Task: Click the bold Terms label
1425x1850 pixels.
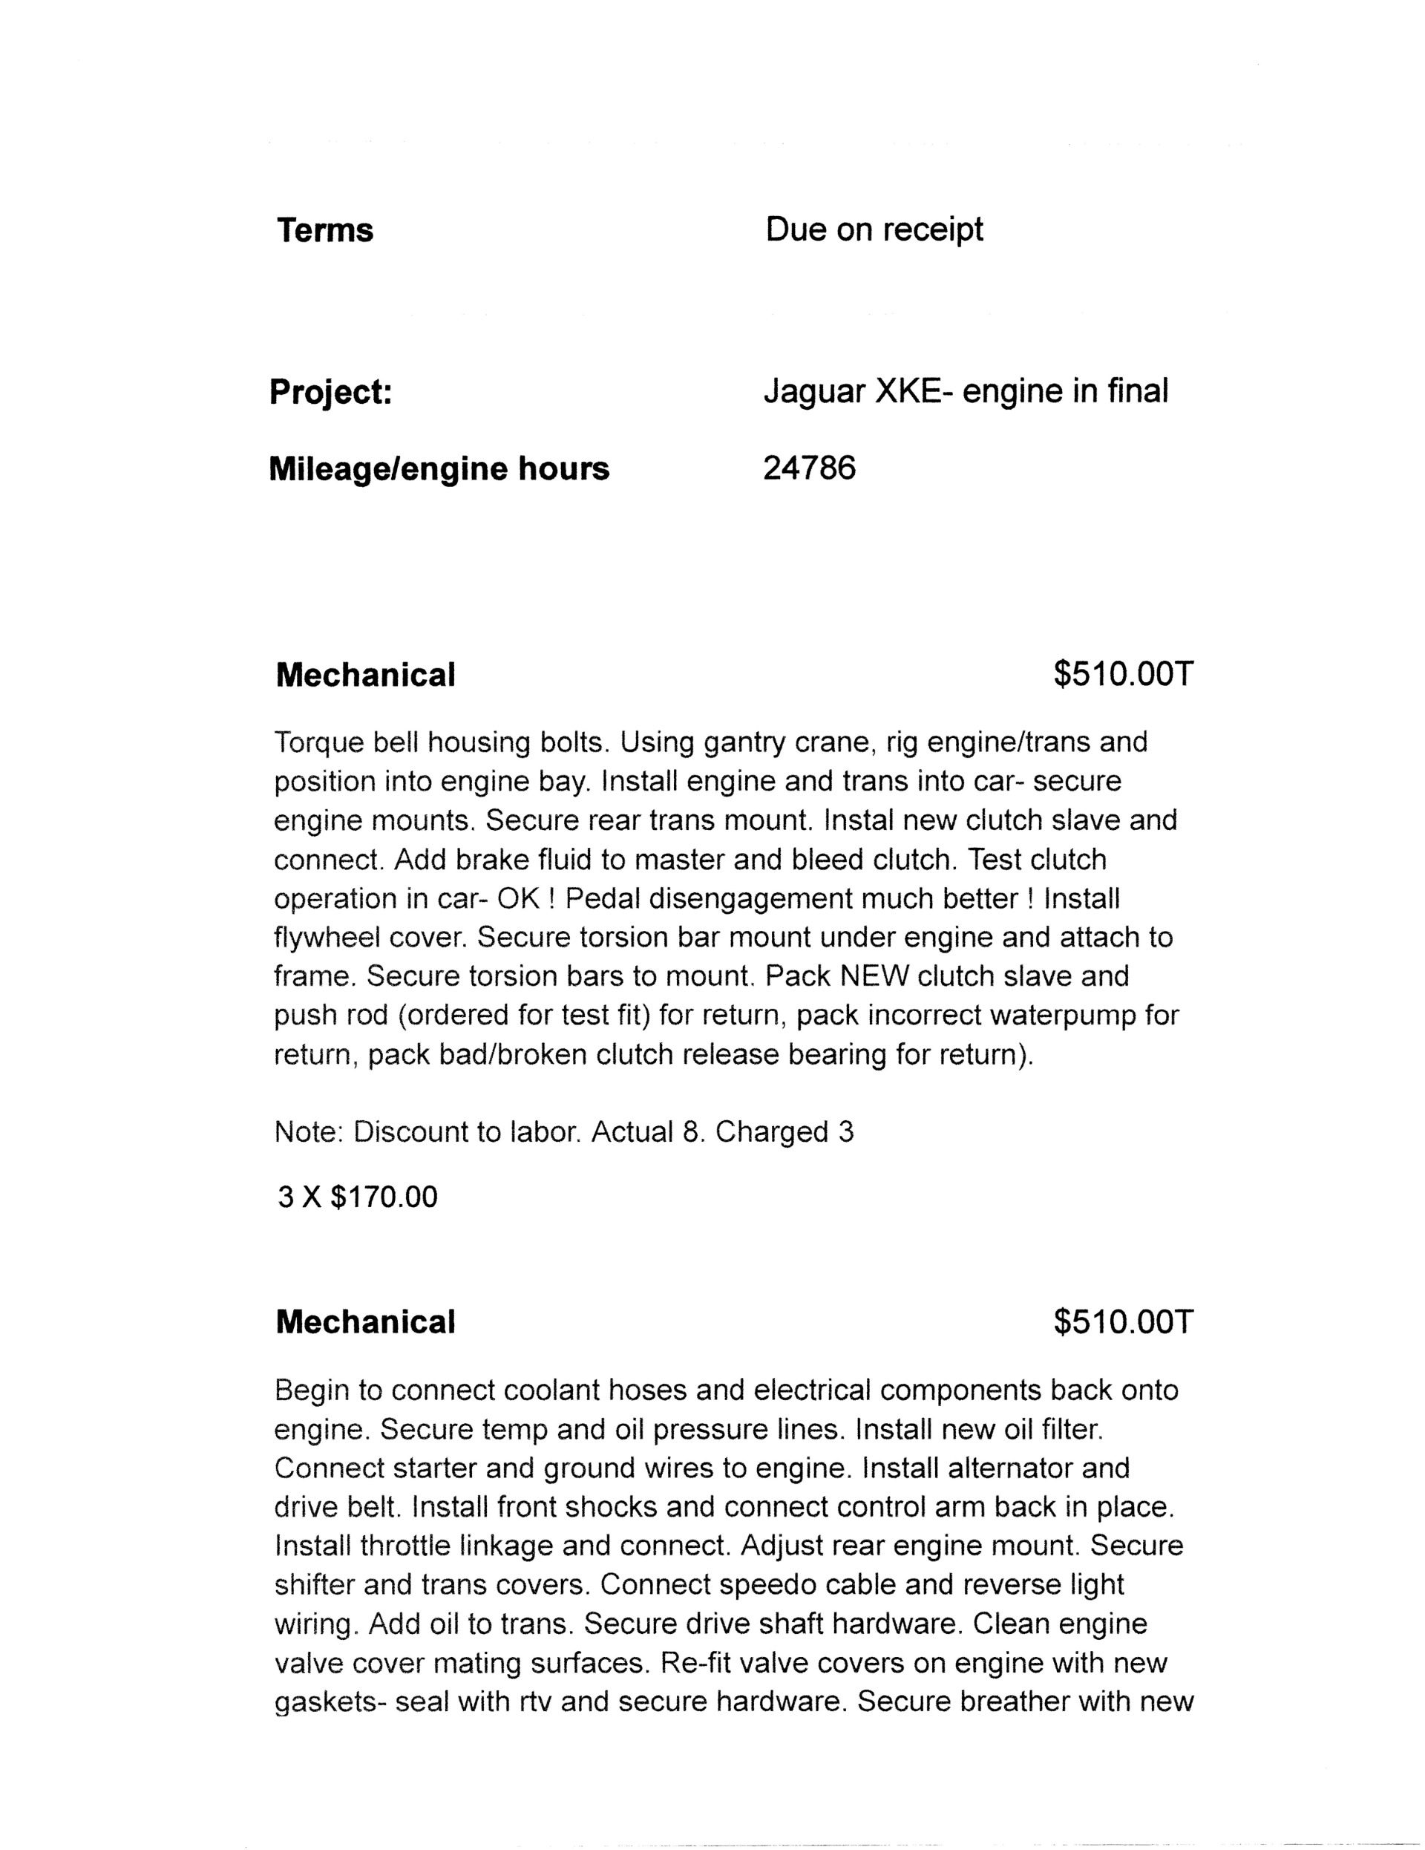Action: (324, 230)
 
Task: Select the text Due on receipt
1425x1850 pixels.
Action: (874, 229)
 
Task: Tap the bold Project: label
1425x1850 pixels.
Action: (330, 392)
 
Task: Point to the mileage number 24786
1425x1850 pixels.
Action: (808, 468)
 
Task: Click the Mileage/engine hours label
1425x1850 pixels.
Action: (439, 468)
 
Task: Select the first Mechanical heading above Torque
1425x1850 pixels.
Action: (365, 675)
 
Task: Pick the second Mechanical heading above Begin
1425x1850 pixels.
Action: (365, 1321)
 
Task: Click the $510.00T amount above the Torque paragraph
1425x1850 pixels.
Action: (1123, 674)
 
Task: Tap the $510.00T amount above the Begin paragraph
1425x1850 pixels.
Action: (1123, 1321)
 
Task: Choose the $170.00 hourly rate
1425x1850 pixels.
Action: (384, 1197)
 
